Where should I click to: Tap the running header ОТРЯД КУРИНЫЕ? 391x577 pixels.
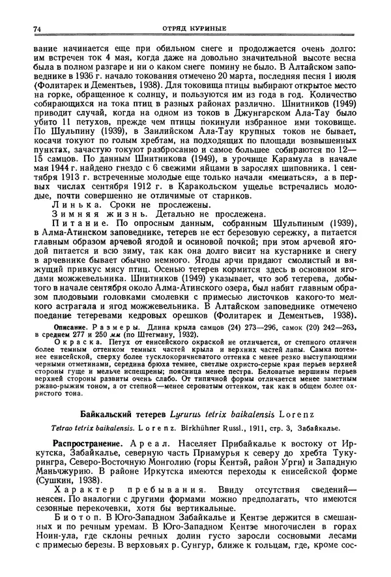pyautogui.click(x=195, y=29)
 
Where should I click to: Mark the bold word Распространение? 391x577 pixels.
pyautogui.click(x=87, y=444)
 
